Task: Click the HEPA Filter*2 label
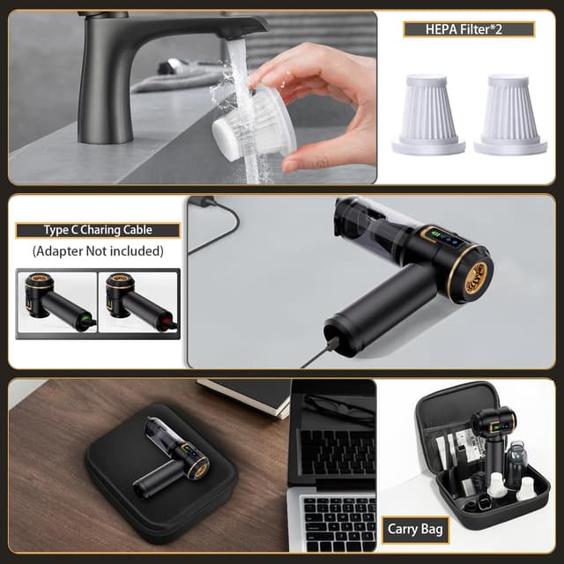coord(469,29)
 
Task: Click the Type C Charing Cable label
coord(98,230)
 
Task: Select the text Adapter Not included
coord(98,251)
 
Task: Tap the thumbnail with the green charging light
coord(57,301)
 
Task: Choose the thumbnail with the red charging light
coord(138,301)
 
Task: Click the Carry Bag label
coord(415,530)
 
